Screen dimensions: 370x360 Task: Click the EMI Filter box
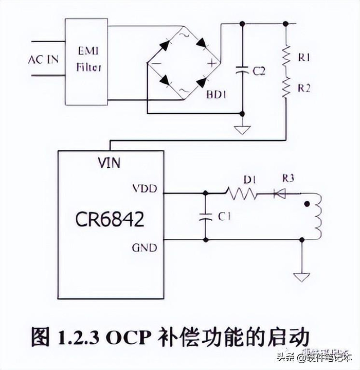tap(86, 60)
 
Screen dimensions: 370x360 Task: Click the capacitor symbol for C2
tap(242, 71)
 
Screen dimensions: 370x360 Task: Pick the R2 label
tap(304, 88)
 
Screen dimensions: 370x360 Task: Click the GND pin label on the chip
tap(144, 248)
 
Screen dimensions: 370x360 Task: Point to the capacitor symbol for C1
tap(205, 217)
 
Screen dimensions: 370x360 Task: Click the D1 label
tap(250, 181)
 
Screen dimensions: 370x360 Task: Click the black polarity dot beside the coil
tap(307, 204)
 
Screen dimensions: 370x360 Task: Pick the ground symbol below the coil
tap(302, 276)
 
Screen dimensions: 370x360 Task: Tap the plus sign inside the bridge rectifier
tap(210, 63)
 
